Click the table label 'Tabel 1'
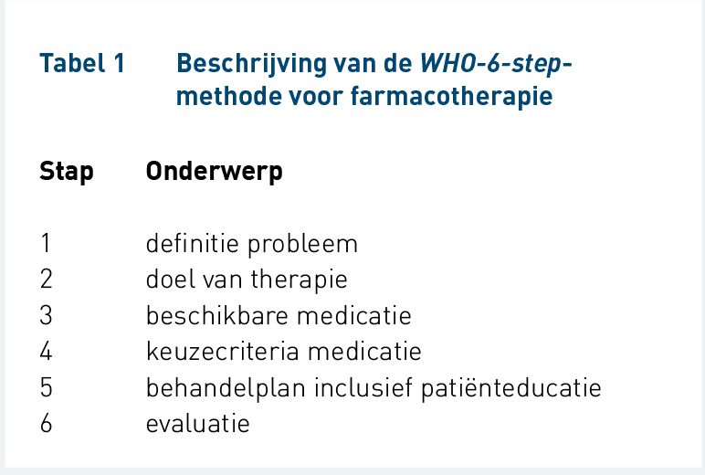82,63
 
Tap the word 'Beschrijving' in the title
251,64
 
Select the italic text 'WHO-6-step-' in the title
496,64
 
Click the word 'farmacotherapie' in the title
451,97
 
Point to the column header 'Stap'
67,172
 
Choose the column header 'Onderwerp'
215,172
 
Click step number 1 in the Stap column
46,243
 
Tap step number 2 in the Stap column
46,280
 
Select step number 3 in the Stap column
46,315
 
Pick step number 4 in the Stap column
46,352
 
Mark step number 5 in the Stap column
46,387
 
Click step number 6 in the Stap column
46,423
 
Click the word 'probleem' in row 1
302,245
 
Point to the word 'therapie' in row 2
299,280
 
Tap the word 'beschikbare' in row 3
216,315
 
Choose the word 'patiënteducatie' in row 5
510,388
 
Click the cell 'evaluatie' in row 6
198,424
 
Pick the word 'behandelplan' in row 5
226,388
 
